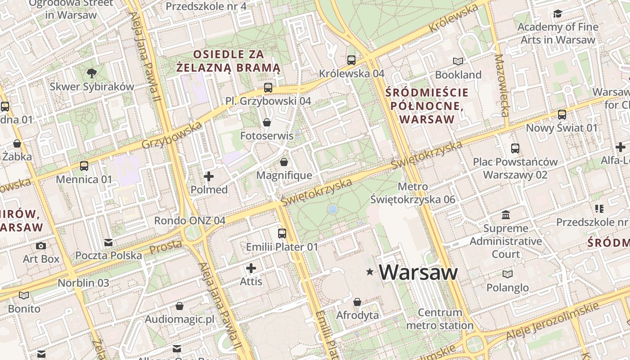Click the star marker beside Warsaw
(370, 272)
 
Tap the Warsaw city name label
(418, 272)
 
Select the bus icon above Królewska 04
(351, 60)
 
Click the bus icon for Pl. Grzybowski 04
(268, 87)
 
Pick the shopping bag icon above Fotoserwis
(267, 122)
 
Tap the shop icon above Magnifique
(284, 162)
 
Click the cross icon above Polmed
(209, 176)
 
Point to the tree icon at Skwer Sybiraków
(92, 73)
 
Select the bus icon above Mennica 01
(84, 166)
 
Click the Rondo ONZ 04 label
(189, 220)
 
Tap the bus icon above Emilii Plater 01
(282, 234)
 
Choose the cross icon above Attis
(251, 269)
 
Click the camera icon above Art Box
(41, 246)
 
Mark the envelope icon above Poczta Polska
(108, 243)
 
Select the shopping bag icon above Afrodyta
(357, 302)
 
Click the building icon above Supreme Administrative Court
(506, 215)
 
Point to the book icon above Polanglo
(508, 274)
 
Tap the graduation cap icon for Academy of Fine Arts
(558, 14)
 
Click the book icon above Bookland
(458, 61)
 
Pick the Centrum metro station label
(440, 319)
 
